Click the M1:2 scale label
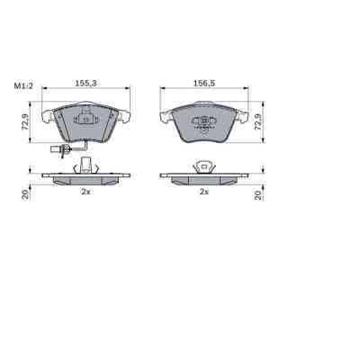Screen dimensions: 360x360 click(x=22, y=85)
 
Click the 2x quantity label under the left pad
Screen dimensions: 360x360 click(x=86, y=192)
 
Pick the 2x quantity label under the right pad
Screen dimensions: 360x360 click(x=204, y=192)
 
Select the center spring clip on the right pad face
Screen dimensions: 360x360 click(x=205, y=122)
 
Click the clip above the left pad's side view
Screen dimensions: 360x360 click(x=86, y=165)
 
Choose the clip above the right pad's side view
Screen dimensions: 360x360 click(x=204, y=165)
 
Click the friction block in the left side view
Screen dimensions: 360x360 click(x=86, y=181)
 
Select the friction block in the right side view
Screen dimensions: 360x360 click(x=204, y=181)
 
